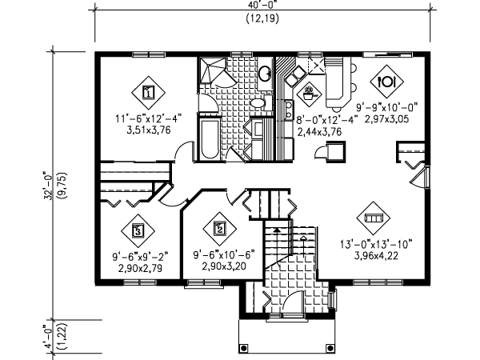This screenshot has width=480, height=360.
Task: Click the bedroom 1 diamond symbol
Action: pos(148,91)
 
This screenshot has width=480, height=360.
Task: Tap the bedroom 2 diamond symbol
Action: pos(219,227)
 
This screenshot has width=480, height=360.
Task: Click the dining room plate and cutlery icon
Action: pos(386,81)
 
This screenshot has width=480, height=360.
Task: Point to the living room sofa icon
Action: pos(374,216)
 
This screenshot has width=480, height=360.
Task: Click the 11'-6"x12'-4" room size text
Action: pos(149,120)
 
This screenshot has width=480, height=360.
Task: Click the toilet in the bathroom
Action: pos(258,104)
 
